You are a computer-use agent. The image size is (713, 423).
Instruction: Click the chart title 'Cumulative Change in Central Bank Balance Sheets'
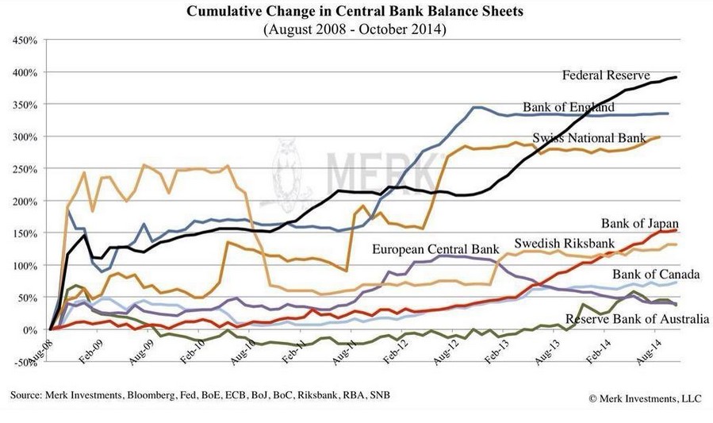[x=355, y=12]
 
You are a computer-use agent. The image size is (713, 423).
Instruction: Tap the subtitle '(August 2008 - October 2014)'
[x=355, y=29]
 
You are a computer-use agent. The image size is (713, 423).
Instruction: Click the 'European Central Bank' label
[x=437, y=249]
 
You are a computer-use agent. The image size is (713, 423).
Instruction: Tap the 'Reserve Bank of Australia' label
[x=627, y=319]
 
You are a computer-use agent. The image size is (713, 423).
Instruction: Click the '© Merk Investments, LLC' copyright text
[x=646, y=396]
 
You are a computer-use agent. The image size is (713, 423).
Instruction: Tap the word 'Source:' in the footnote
[x=26, y=395]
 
